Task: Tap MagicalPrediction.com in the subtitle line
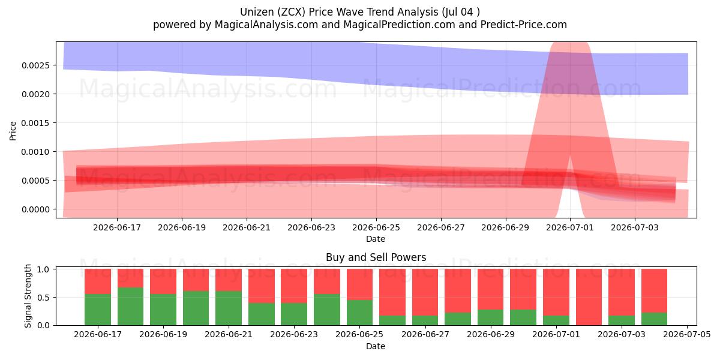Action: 399,25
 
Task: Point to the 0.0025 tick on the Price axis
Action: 35,65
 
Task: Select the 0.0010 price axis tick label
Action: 35,152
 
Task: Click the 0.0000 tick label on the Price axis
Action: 35,209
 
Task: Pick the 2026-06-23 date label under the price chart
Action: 311,227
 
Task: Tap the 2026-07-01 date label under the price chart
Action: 570,227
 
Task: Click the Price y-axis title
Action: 13,131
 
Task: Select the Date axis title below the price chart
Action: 376,239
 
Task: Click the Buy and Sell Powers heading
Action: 376,257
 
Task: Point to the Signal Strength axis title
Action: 28,296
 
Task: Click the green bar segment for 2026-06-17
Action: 98,310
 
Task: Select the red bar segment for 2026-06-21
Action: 229,280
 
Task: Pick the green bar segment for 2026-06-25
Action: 359,313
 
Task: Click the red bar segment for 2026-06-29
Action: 491,289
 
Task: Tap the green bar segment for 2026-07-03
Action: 622,320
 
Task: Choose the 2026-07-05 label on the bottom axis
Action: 687,335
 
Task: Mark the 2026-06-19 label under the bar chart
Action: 163,335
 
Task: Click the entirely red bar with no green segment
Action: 589,297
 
